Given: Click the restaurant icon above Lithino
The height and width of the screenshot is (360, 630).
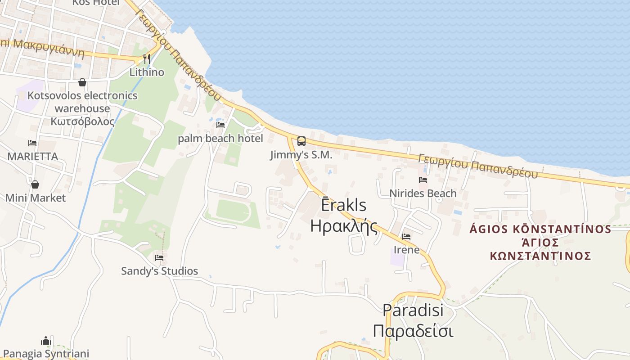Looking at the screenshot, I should pos(146,58).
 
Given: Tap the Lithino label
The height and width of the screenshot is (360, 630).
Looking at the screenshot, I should pos(147,72).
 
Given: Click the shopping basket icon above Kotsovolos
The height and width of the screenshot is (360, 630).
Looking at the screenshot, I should pos(82,82).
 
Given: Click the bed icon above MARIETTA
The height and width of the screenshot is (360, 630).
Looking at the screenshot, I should pos(32,143).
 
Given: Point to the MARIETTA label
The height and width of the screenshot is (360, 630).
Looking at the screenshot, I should pos(32,157).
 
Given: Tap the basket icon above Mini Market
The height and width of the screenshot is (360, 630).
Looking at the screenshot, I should pos(35,184).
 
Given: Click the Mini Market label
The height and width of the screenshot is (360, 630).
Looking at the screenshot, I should pos(35,198).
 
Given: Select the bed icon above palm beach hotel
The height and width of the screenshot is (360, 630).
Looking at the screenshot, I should pos(220,125).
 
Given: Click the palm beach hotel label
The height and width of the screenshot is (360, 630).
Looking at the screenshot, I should pos(220,138).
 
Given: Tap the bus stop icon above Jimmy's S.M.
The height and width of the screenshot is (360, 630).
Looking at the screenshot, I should pos(301,141).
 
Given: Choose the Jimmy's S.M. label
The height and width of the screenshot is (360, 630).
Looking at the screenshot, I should pos(301,155).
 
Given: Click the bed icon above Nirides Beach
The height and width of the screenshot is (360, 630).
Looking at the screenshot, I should pos(423,180).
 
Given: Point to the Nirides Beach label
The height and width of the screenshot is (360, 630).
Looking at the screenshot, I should pos(423,193).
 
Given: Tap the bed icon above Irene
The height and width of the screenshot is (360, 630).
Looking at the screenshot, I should pos(406,236).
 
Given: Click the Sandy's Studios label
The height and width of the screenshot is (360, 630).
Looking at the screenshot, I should pos(159,271).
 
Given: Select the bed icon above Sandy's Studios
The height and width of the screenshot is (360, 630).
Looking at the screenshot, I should pos(159,258).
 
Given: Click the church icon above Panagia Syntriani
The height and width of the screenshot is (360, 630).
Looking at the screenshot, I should pos(46,341).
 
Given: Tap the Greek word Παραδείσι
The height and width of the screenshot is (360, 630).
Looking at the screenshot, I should pos(413,331).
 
